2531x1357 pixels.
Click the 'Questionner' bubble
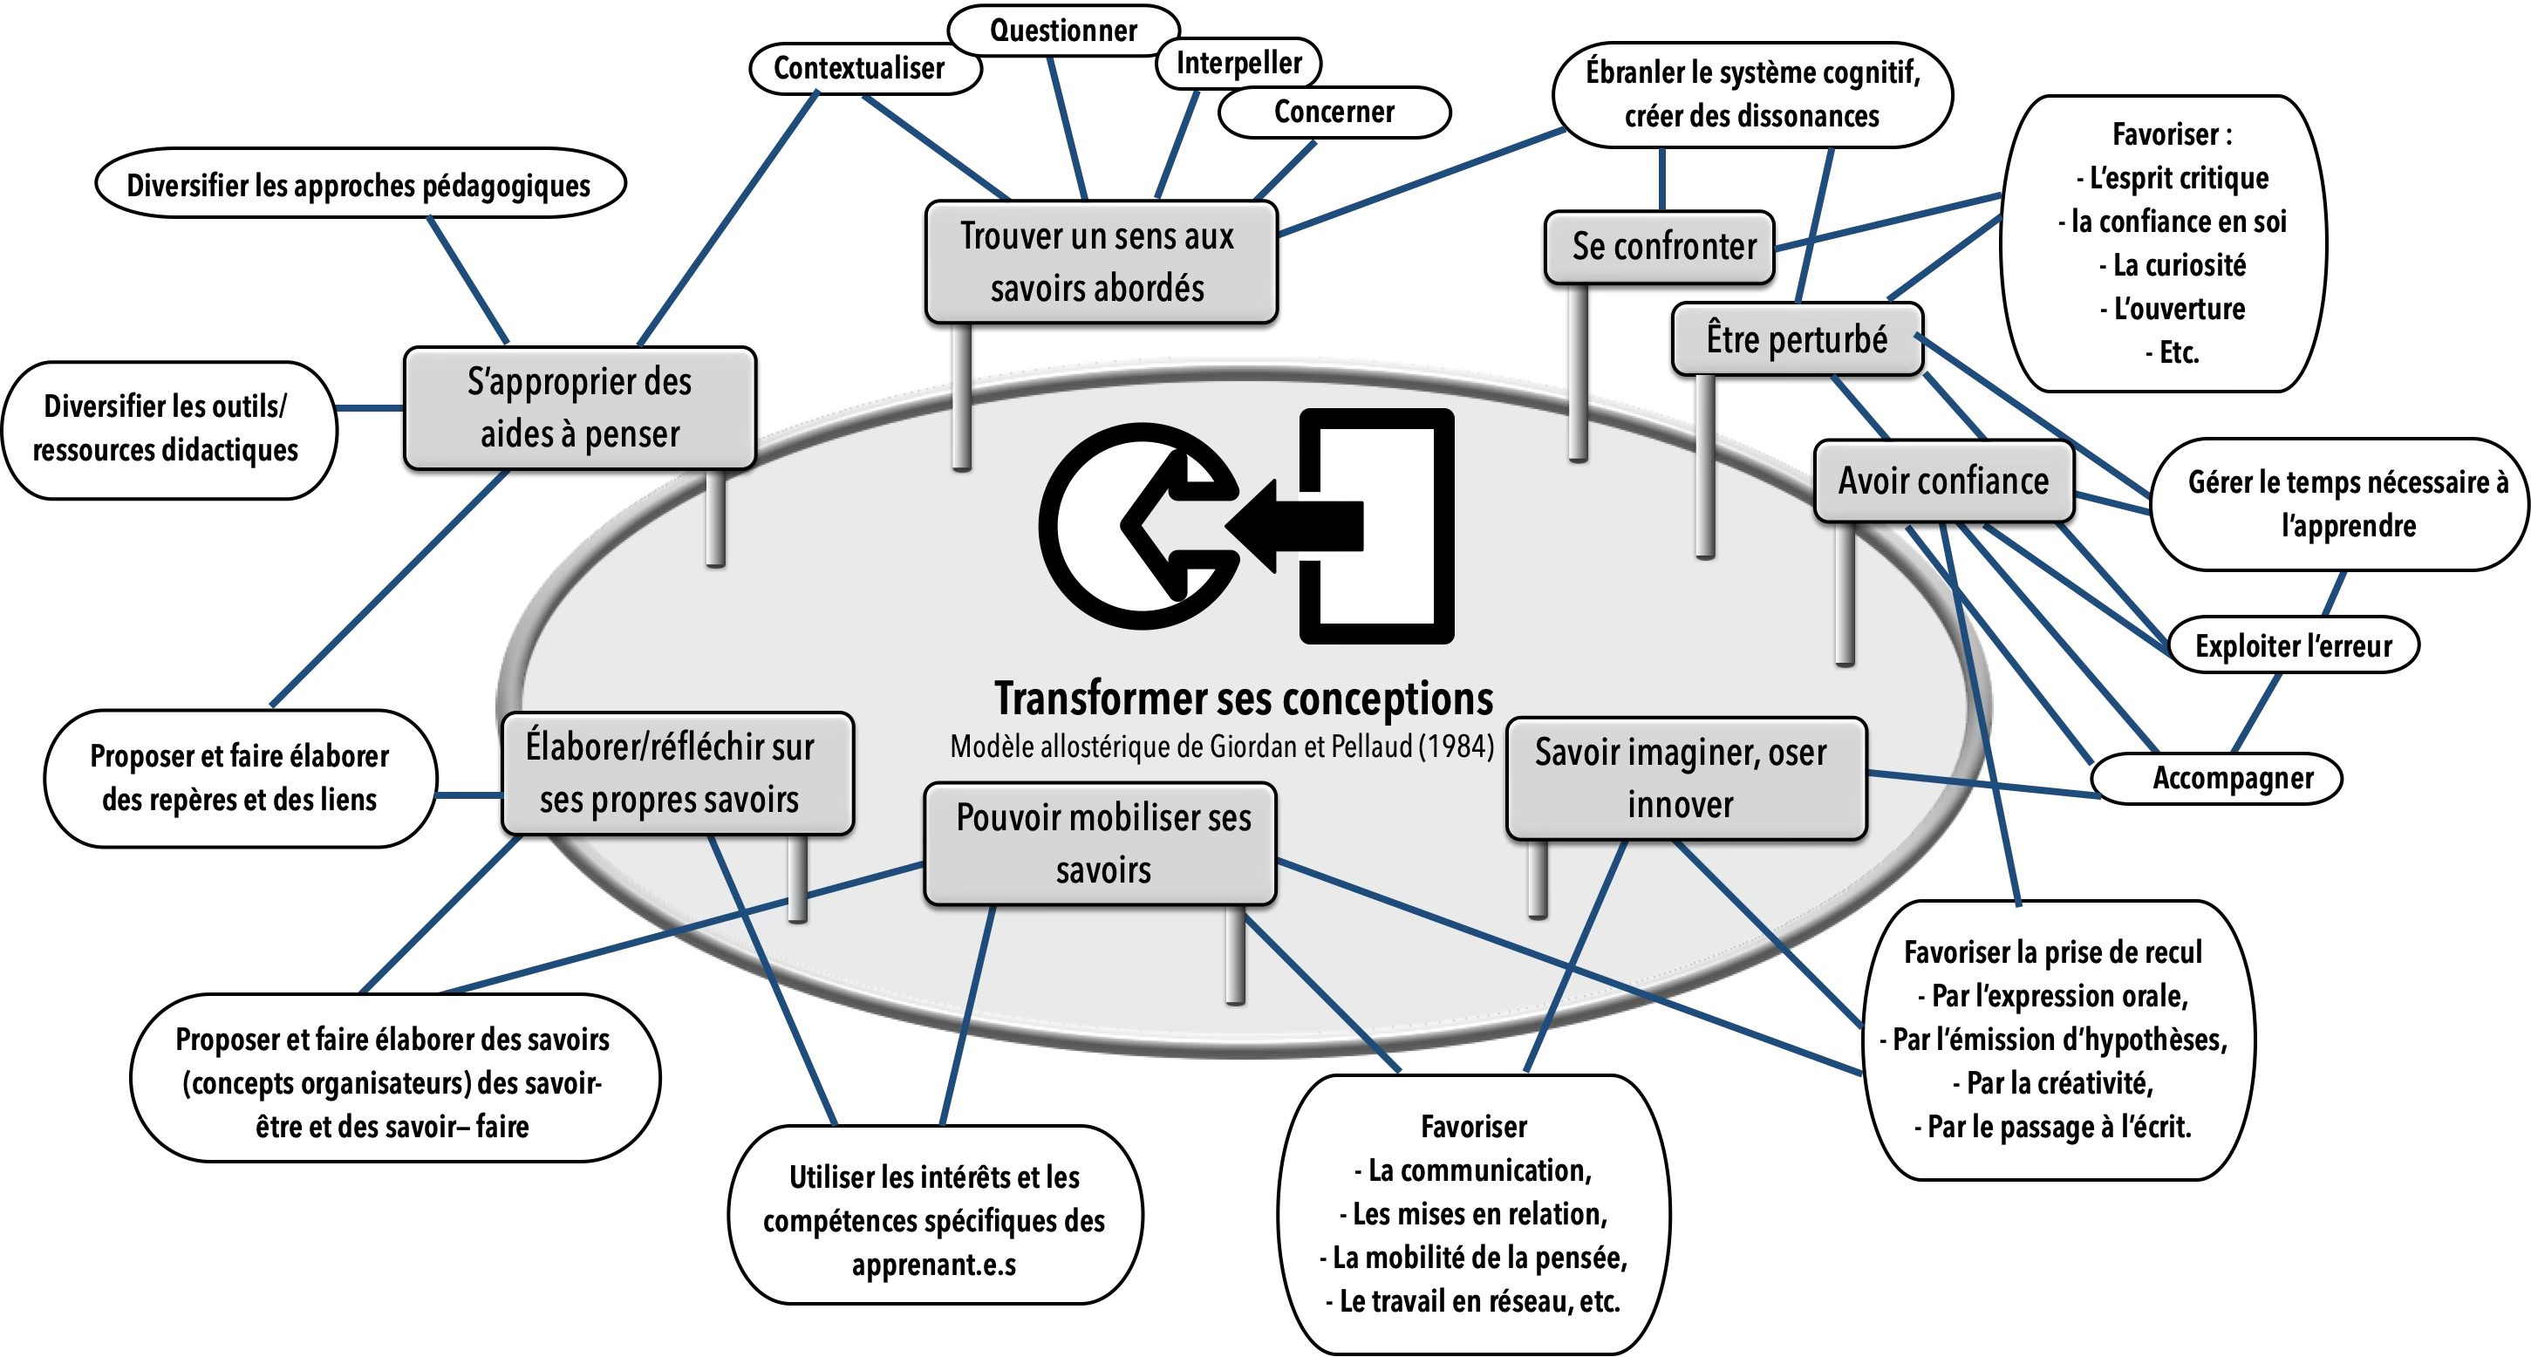(x=1063, y=31)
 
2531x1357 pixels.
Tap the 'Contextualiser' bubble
(x=860, y=68)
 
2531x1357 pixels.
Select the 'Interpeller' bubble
(x=1239, y=63)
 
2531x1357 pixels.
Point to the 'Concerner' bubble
(x=1334, y=112)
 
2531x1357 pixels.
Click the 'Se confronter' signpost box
(x=1662, y=247)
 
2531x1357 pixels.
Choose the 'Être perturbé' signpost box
(x=1796, y=339)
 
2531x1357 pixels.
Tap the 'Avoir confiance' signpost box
(x=1942, y=481)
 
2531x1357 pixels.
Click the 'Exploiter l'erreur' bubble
(x=2293, y=645)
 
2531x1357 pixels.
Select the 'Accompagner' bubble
(x=2233, y=778)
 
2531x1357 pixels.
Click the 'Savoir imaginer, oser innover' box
(x=1682, y=778)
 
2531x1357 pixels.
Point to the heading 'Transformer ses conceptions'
(x=1243, y=699)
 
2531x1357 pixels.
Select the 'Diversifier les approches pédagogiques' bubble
(x=358, y=186)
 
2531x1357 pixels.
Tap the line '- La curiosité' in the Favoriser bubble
(x=2179, y=265)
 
